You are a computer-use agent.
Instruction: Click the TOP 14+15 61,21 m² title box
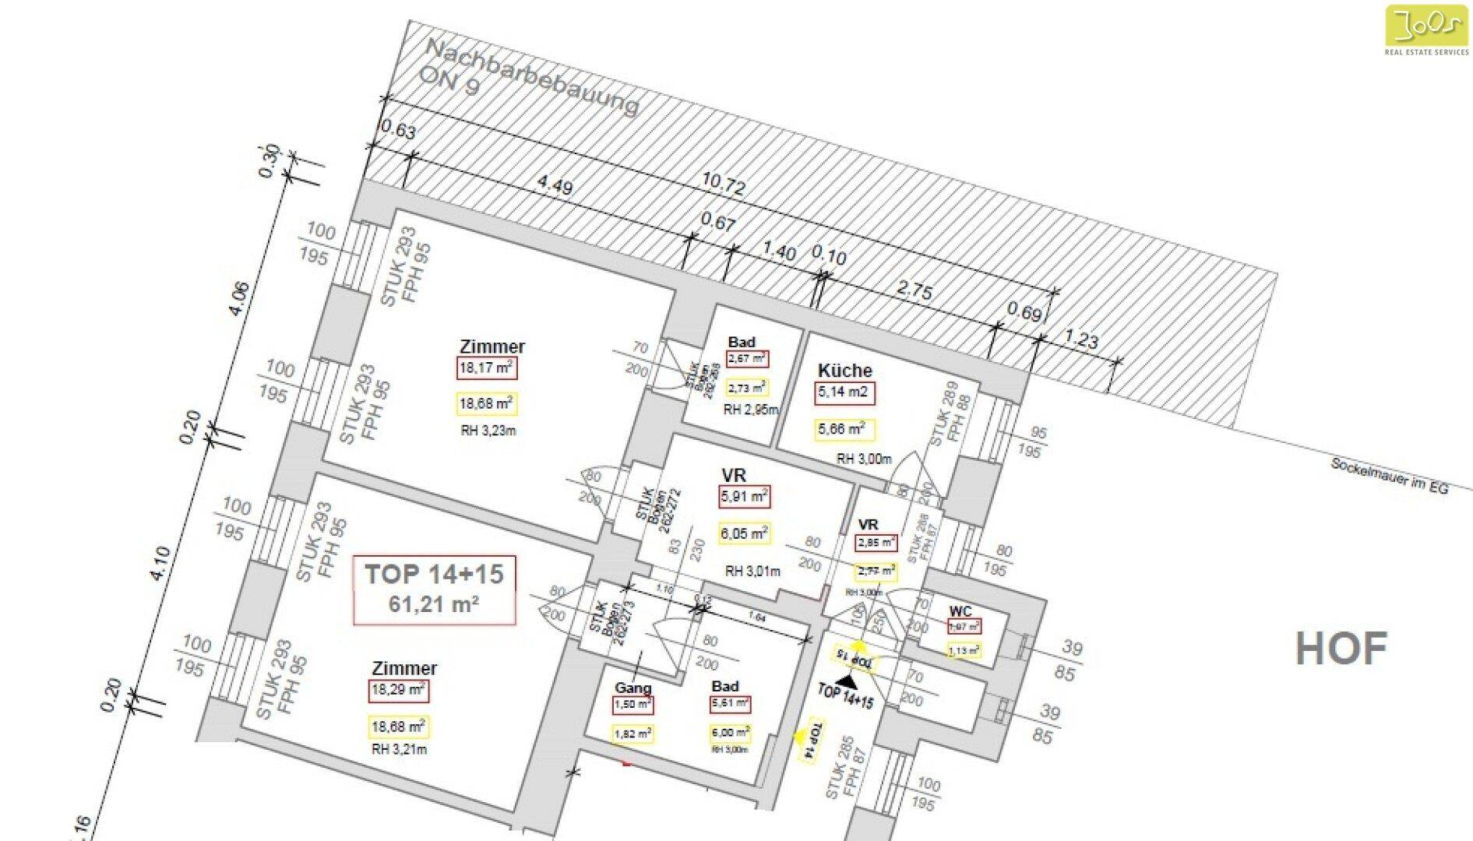click(435, 589)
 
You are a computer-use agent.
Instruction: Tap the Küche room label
click(844, 371)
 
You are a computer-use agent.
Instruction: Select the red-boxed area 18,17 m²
click(487, 368)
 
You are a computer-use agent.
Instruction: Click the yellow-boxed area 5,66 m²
click(844, 429)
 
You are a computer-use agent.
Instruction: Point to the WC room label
click(960, 611)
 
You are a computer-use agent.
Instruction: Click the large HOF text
click(1341, 649)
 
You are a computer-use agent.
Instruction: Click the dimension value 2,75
click(914, 290)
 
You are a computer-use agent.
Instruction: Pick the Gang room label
click(633, 688)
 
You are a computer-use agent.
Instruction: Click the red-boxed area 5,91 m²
click(744, 496)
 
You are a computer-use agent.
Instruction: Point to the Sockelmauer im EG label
click(1389, 475)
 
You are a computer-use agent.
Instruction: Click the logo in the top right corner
click(1426, 30)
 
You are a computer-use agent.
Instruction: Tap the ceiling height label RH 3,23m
click(487, 430)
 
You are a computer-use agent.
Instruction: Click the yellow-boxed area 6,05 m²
click(744, 533)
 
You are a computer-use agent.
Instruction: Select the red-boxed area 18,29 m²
click(398, 690)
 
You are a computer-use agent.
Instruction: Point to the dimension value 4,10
click(159, 562)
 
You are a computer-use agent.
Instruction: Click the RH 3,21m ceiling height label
click(399, 750)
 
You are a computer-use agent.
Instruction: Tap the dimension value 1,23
click(1081, 340)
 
